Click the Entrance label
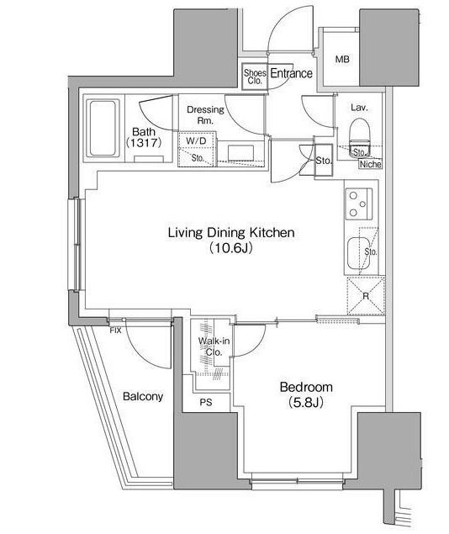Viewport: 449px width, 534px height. click(291, 74)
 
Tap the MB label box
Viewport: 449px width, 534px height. click(342, 59)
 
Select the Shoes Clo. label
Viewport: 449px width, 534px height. click(254, 77)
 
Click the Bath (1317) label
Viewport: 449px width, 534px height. click(144, 137)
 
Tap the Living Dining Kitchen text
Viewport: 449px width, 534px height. click(230, 233)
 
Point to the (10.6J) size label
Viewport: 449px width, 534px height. click(230, 249)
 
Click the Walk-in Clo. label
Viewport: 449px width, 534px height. click(209, 347)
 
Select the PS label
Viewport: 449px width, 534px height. click(205, 401)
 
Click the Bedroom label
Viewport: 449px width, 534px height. click(306, 388)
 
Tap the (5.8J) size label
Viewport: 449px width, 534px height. click(306, 403)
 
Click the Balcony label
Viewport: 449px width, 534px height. click(142, 396)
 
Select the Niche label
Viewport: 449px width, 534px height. click(370, 164)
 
